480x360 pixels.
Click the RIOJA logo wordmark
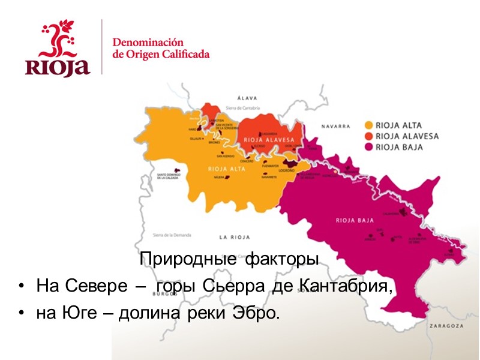(58, 66)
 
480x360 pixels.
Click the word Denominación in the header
(147, 43)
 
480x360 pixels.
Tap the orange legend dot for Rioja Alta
(368, 126)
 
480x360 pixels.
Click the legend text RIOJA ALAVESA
(406, 136)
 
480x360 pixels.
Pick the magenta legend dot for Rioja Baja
(368, 146)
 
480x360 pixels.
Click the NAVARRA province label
(335, 127)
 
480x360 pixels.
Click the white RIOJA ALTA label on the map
(223, 169)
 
